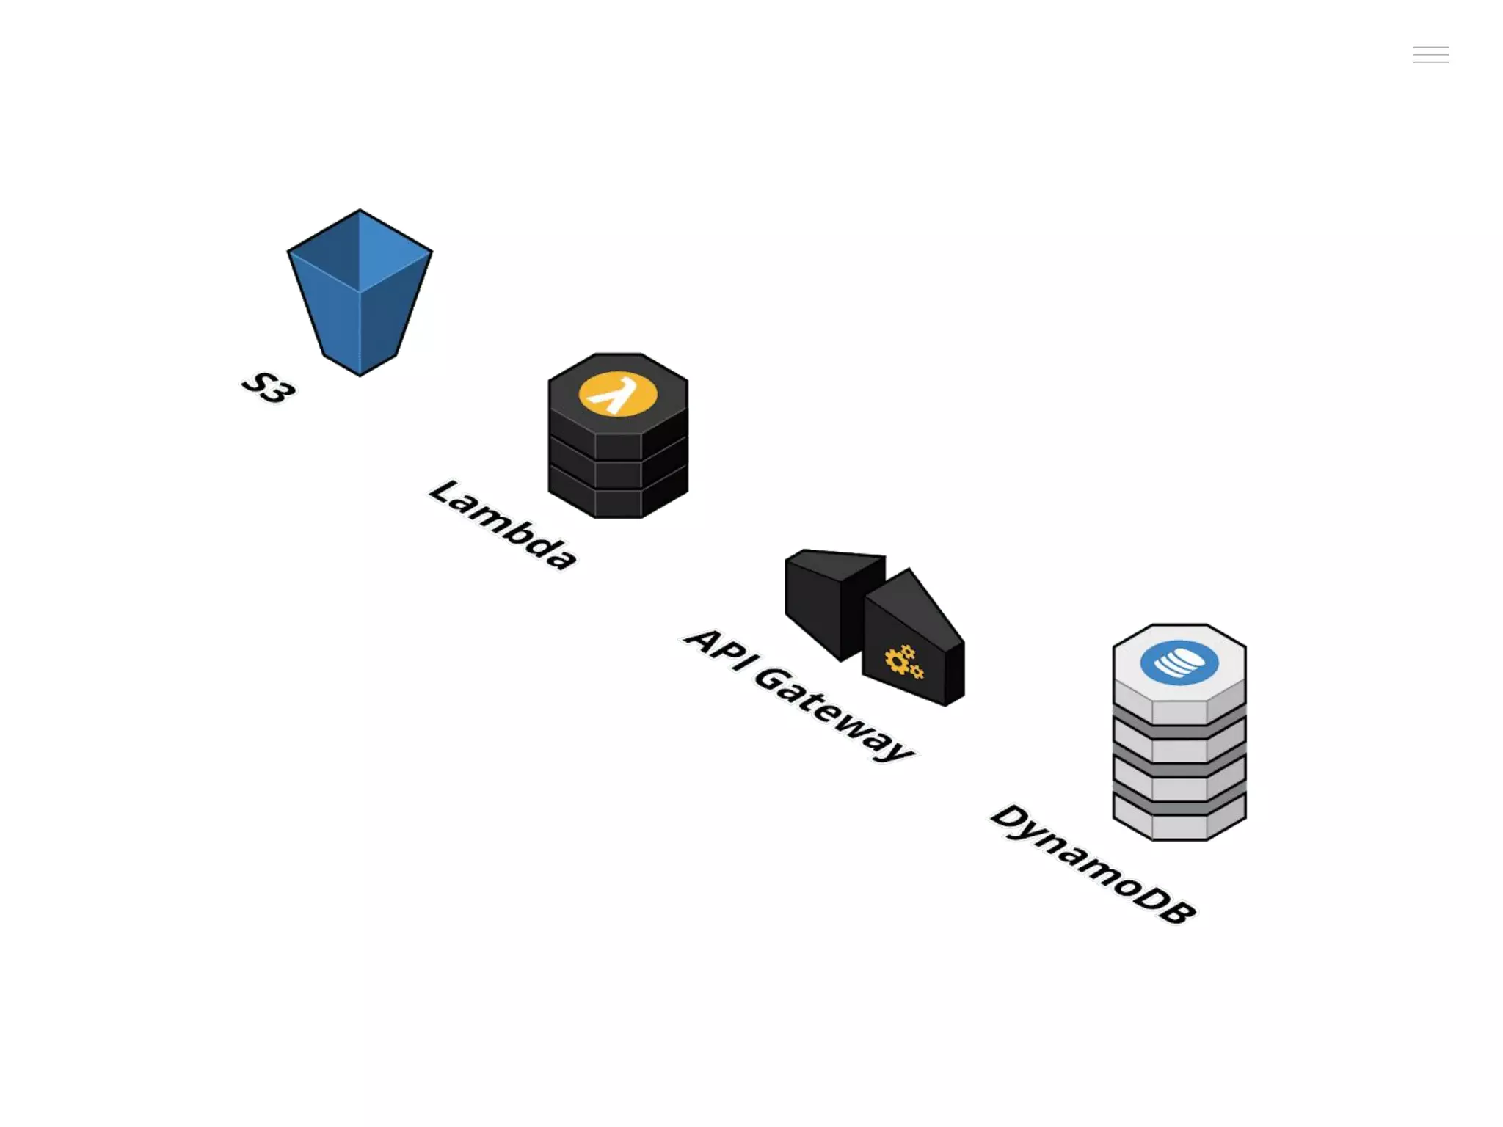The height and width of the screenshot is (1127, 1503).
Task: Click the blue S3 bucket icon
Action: pyautogui.click(x=360, y=293)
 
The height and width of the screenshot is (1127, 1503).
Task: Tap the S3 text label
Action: pyautogui.click(x=269, y=387)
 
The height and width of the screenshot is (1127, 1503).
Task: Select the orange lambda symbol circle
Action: pyautogui.click(x=618, y=394)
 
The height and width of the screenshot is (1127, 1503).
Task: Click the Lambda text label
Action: pyautogui.click(x=503, y=524)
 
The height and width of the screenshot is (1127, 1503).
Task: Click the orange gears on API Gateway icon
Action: pyautogui.click(x=903, y=662)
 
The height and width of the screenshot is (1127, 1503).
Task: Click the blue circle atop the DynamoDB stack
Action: pyautogui.click(x=1179, y=663)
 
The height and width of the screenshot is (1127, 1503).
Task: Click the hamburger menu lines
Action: pyautogui.click(x=1430, y=54)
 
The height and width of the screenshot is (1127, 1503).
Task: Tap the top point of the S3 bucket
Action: pyautogui.click(x=360, y=211)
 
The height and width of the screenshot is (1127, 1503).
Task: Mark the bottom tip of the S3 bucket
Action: pyautogui.click(x=360, y=374)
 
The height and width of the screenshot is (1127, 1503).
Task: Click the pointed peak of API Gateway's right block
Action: pyautogui.click(x=909, y=570)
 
